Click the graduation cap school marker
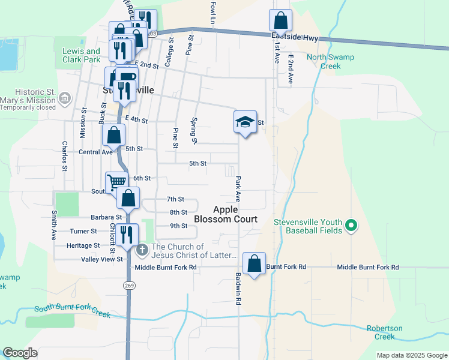coord(245,122)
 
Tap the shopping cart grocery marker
coord(115,181)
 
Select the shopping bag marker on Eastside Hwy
coord(280,21)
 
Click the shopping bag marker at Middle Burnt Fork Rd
coord(255,263)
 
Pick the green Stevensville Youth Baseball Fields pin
coord(352,227)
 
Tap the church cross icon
coord(142,249)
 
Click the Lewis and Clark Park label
coord(81,55)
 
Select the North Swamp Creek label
coord(330,62)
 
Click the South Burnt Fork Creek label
coord(73,311)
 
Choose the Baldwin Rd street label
coord(238,288)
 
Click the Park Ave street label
coord(238,188)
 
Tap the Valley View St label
coord(102,259)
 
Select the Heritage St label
coord(83,245)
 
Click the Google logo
coord(20,353)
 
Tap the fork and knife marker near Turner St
coord(126,235)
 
